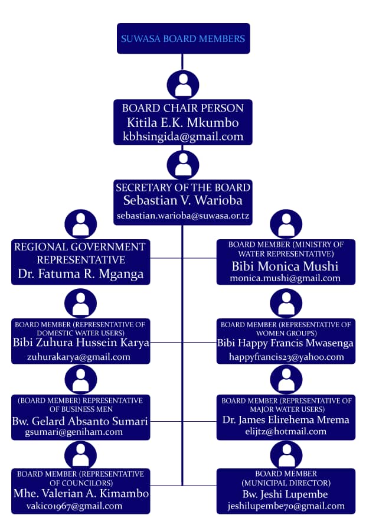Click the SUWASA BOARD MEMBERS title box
pyautogui.click(x=183, y=39)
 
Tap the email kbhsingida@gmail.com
pyautogui.click(x=183, y=136)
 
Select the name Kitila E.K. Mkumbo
pyautogui.click(x=183, y=122)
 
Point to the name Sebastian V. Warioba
pyautogui.click(x=183, y=201)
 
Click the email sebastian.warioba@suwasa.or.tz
pyautogui.click(x=183, y=216)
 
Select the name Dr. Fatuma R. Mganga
pyautogui.click(x=80, y=275)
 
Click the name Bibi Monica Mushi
pyautogui.click(x=286, y=265)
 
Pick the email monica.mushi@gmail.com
pyautogui.click(x=286, y=278)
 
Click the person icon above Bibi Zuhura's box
pyautogui.click(x=80, y=304)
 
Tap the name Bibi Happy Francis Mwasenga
pyautogui.click(x=286, y=343)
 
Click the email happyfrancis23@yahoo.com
pyautogui.click(x=286, y=357)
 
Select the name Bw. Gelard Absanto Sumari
pyautogui.click(x=80, y=421)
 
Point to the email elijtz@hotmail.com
pyautogui.click(x=286, y=432)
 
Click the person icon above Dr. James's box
pyautogui.click(x=286, y=379)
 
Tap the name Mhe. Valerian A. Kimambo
pyautogui.click(x=80, y=493)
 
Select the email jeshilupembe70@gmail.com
pyautogui.click(x=286, y=506)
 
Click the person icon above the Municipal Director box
pyautogui.click(x=286, y=454)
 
